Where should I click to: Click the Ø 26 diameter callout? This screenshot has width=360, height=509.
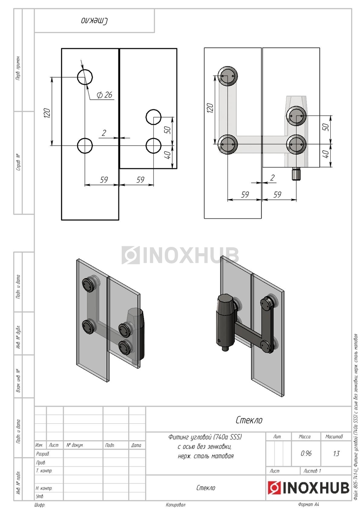(104, 95)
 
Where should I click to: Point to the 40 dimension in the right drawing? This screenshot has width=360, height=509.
(326, 154)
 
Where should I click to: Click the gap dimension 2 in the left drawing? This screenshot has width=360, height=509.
(104, 133)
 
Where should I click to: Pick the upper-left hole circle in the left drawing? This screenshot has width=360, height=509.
(85, 77)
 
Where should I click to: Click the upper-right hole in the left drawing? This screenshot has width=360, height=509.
(153, 117)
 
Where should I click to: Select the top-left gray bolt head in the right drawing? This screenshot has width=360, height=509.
(228, 76)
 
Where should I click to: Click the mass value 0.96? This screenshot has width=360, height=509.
(306, 453)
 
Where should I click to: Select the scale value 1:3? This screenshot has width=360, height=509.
(336, 453)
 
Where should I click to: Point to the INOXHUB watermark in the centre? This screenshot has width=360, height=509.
(180, 255)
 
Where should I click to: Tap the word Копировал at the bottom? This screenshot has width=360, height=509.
(175, 505)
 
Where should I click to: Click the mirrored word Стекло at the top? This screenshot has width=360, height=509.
(95, 20)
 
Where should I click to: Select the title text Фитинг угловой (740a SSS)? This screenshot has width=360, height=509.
(205, 436)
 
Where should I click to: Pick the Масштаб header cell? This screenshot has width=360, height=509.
(334, 436)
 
